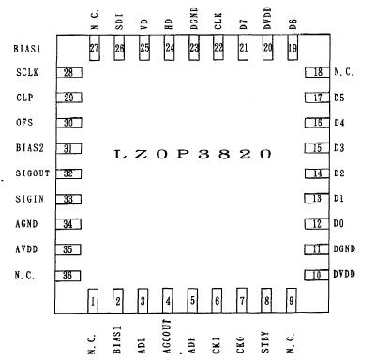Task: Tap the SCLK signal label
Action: [x=27, y=72]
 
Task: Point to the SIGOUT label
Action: [x=32, y=172]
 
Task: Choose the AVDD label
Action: [x=28, y=249]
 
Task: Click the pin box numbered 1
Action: [x=93, y=300]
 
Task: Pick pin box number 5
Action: [x=192, y=300]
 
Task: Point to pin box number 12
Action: [x=316, y=224]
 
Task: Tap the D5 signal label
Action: [x=339, y=97]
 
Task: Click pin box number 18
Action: [x=316, y=72]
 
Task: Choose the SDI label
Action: [x=119, y=20]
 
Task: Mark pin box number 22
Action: [x=218, y=48]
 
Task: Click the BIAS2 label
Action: [x=30, y=148]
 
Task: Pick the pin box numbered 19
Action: [x=293, y=48]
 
